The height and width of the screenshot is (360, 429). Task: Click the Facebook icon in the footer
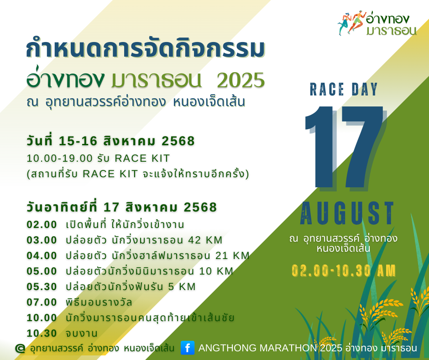pos(188,348)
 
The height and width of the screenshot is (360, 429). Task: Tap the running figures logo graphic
pos(351,23)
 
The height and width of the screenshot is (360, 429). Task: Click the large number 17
pos(345,148)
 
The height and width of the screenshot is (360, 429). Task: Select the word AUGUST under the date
pos(347,213)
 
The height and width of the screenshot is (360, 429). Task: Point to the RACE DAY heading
pos(344,90)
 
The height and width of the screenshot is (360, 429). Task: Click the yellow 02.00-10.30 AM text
pos(344,270)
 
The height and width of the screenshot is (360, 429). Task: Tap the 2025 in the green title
pos(241,80)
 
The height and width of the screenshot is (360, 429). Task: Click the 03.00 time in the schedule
pos(42,240)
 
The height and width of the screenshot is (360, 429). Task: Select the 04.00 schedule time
pos(42,256)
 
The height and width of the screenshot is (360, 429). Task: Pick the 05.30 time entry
pos(42,286)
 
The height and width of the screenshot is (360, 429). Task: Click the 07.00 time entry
pos(42,302)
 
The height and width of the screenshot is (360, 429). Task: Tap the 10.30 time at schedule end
pos(42,333)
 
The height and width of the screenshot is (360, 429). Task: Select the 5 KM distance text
pos(182,286)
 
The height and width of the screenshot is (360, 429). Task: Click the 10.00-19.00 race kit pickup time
pos(60,159)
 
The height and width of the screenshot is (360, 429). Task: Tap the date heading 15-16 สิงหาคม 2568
pos(126,141)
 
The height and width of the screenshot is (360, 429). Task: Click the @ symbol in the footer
pos(20,349)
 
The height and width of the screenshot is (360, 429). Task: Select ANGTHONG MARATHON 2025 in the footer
pos(270,348)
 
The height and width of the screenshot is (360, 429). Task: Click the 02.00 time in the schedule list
pos(42,224)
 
